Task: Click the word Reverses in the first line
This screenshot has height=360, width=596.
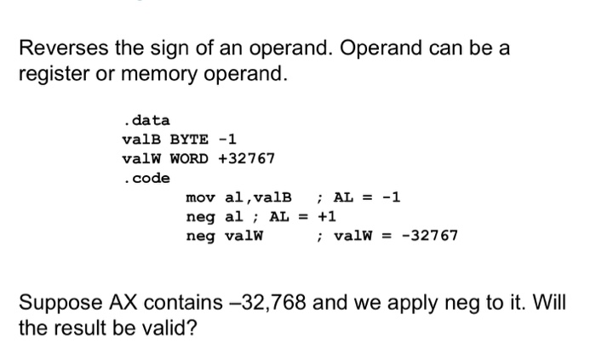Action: pyautogui.click(x=58, y=49)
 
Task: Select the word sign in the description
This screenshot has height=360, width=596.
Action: pyautogui.click(x=155, y=49)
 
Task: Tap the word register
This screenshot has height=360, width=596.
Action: pyautogui.click(x=51, y=74)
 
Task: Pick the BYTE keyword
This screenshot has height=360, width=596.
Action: pyautogui.click(x=190, y=140)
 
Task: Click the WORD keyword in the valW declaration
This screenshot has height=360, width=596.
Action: pyautogui.click(x=190, y=158)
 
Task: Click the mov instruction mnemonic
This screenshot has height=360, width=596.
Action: pyautogui.click(x=199, y=198)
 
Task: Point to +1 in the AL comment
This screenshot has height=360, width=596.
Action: pyautogui.click(x=328, y=216)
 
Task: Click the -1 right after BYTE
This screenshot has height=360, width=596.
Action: pyautogui.click(x=228, y=140)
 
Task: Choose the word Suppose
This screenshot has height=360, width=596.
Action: pyautogui.click(x=55, y=303)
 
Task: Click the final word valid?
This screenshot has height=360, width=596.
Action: pyautogui.click(x=169, y=328)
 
